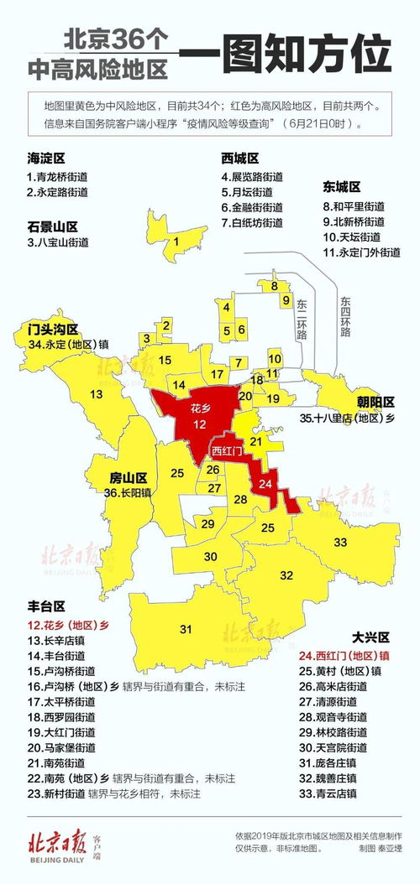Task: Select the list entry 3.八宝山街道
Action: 57,242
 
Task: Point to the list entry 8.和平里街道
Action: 353,205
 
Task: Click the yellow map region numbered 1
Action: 176,242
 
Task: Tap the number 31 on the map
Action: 186,628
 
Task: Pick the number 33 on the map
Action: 340,543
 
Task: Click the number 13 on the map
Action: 97,394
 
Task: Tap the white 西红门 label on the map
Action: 227,451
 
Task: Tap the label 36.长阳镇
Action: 129,494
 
